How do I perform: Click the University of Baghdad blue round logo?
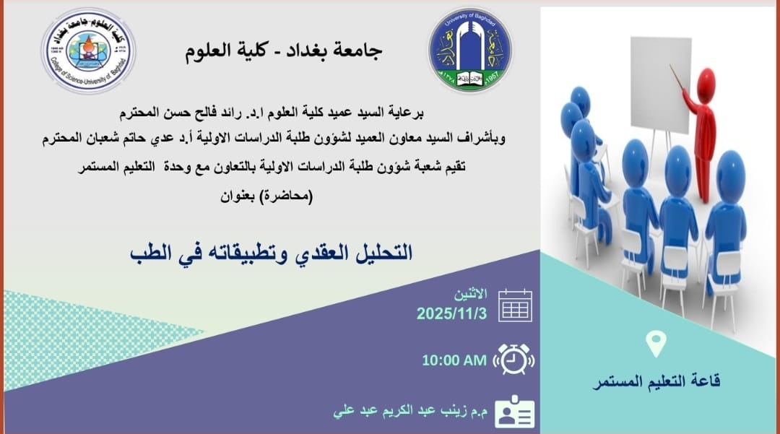[470, 50]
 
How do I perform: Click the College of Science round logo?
[89, 51]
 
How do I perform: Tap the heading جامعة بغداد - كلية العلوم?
[284, 51]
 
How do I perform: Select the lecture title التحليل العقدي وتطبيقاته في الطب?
[271, 253]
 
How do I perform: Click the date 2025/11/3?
[451, 313]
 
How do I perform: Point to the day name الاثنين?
[471, 294]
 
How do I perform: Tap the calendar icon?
[516, 305]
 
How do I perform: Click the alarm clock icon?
[513, 360]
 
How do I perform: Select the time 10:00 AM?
[454, 360]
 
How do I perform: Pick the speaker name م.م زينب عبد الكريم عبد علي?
[410, 411]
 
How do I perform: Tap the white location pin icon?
[656, 344]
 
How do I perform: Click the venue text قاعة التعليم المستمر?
[656, 382]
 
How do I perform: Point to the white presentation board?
[661, 84]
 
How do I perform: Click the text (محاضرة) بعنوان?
[266, 196]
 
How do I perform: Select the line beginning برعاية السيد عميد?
[272, 113]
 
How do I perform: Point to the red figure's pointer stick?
[676, 77]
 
